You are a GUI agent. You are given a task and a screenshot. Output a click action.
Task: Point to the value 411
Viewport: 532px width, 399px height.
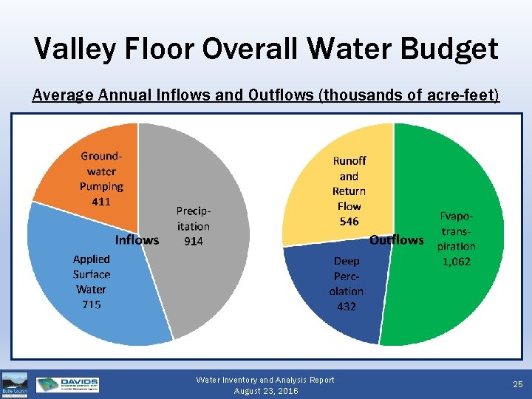click(101, 201)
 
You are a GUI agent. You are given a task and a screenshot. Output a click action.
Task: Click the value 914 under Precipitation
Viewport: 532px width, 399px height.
click(193, 242)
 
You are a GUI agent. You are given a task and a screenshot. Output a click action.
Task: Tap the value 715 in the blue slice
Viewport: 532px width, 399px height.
click(92, 304)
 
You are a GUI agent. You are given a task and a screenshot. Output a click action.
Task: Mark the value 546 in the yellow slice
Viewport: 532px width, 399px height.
click(349, 221)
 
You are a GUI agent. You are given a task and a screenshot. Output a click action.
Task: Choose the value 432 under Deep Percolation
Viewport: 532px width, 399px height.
click(347, 306)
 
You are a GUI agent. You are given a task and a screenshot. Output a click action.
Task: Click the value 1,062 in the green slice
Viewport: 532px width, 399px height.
click(456, 262)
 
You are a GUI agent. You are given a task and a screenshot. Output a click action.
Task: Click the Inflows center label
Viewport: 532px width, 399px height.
click(137, 239)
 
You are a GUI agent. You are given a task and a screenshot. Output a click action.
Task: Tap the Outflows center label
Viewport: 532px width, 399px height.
click(396, 240)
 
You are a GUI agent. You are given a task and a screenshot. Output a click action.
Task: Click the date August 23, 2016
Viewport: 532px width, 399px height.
click(265, 391)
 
